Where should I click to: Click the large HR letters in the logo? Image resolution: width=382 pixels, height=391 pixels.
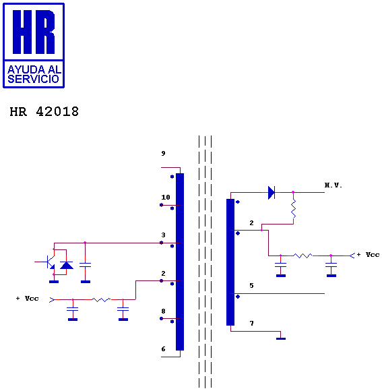(x=34, y=32)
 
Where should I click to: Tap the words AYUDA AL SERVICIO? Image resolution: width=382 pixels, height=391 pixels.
(x=34, y=74)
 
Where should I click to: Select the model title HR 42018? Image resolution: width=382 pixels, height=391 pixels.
(x=44, y=111)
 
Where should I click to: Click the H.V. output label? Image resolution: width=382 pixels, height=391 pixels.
(x=333, y=185)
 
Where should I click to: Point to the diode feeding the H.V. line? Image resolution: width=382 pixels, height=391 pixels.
(x=272, y=193)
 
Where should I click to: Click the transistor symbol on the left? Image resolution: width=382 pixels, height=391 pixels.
(x=51, y=262)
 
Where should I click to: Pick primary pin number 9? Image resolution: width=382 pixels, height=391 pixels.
(x=163, y=153)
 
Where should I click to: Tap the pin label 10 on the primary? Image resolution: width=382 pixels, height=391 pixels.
(x=166, y=198)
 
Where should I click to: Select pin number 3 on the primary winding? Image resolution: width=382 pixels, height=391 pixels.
(x=163, y=235)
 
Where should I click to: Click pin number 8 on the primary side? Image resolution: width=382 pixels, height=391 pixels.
(x=163, y=311)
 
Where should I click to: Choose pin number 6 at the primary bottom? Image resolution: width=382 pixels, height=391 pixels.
(x=163, y=349)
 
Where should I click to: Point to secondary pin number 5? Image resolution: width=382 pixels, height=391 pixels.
(x=251, y=286)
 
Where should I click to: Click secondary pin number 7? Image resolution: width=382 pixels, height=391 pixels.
(x=251, y=324)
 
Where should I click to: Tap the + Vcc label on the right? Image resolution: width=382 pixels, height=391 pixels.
(x=368, y=255)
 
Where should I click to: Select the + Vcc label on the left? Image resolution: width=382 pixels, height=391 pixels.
(x=28, y=299)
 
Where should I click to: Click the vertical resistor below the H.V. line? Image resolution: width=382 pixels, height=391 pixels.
(x=293, y=208)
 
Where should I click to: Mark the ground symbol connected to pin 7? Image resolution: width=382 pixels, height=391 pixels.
(x=281, y=338)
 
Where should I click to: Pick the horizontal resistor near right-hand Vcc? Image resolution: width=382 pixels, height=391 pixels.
(x=303, y=255)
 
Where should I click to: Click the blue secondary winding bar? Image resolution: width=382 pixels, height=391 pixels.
(x=230, y=262)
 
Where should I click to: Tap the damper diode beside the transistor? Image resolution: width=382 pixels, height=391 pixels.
(x=67, y=265)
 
